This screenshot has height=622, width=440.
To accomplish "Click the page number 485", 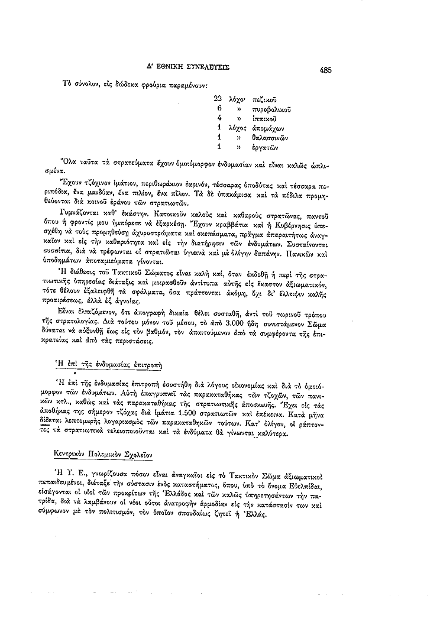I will [x=325, y=69].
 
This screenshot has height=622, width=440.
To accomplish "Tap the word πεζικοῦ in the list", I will [x=264, y=99].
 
